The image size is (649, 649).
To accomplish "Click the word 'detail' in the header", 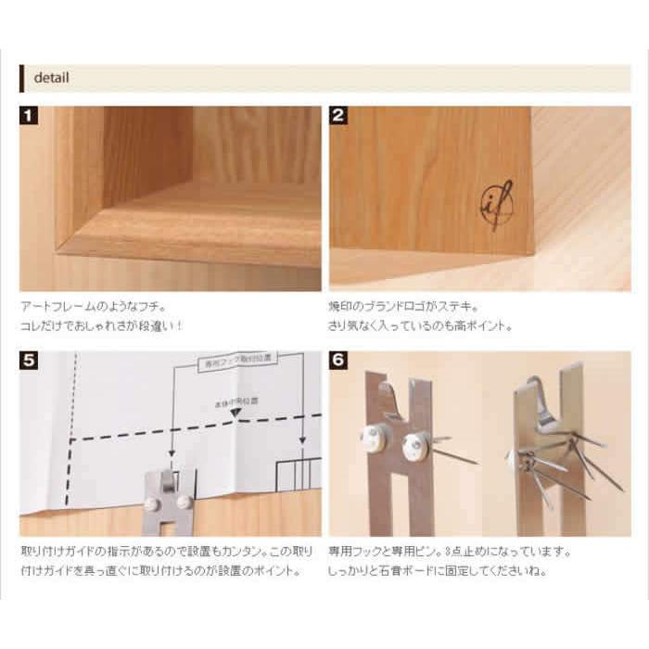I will (x=51, y=78).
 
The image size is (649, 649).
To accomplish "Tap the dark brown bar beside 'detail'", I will (x=21, y=78).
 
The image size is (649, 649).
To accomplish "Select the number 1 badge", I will (x=30, y=117).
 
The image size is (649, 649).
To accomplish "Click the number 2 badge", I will (x=339, y=117).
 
